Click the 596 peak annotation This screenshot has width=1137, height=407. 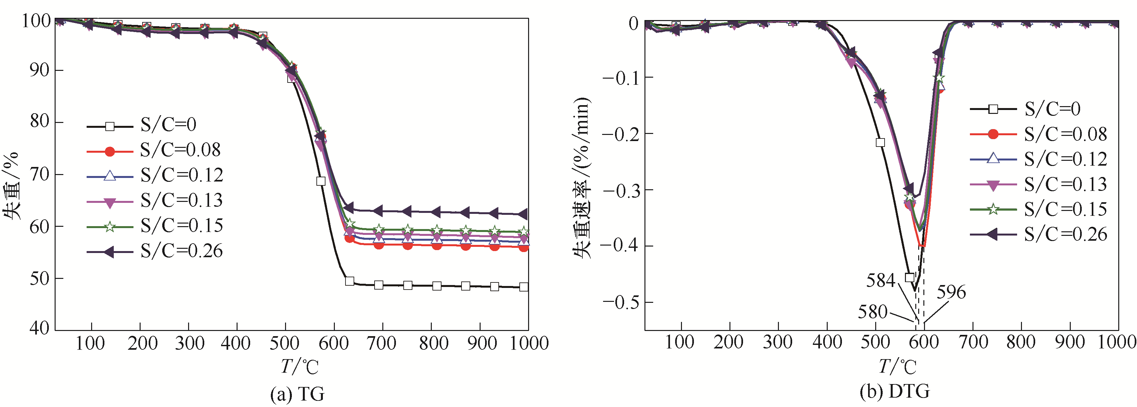coord(951,292)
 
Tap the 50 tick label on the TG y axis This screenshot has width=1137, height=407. coord(40,279)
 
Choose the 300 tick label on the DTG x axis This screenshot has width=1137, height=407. coord(778,343)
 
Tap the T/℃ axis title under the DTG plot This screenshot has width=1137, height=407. coord(897,367)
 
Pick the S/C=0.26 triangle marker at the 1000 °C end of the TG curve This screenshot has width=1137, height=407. coord(523,214)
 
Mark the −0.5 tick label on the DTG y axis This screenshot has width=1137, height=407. coord(621,303)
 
